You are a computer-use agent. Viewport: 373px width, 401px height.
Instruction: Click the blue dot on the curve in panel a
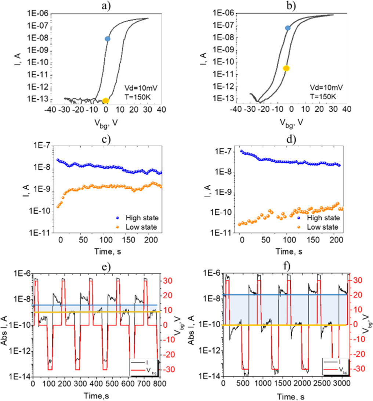[107, 39]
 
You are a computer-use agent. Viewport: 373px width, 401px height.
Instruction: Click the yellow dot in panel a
[106, 100]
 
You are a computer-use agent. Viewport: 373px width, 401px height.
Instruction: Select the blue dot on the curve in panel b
[288, 28]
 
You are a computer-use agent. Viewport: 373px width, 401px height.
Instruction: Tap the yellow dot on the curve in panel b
[286, 68]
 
